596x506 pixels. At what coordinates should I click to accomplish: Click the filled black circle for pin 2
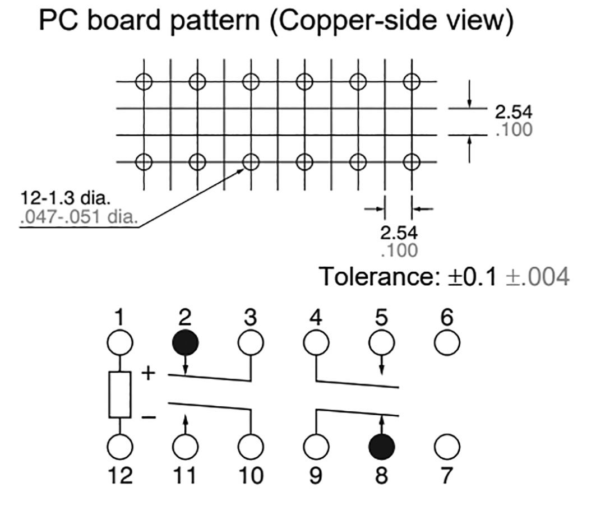click(x=185, y=342)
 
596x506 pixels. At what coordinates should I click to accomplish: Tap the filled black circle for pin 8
click(x=381, y=447)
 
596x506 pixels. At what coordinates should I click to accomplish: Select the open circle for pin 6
click(x=447, y=342)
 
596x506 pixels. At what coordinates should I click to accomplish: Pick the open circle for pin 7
click(x=447, y=447)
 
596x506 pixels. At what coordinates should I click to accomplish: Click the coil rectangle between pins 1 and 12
click(x=119, y=394)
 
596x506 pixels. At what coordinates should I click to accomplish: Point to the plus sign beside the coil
click(x=147, y=373)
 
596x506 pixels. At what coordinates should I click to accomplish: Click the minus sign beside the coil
click(x=147, y=417)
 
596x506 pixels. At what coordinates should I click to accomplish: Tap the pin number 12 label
click(x=119, y=476)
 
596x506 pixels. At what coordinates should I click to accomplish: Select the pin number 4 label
click(x=316, y=318)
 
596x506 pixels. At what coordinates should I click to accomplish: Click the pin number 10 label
click(x=250, y=476)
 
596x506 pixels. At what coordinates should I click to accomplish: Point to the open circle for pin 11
click(x=185, y=447)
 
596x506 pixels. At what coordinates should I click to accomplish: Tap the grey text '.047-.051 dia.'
click(x=78, y=216)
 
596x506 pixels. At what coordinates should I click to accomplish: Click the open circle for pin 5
click(x=381, y=342)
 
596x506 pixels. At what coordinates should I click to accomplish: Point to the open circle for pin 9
click(x=316, y=447)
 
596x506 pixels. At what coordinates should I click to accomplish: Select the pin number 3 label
click(x=250, y=318)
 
